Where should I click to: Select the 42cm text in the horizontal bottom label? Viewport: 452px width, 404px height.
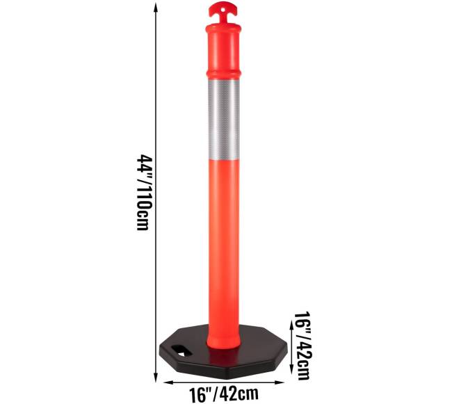236,393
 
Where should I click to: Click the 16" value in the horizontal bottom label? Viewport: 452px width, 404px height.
201,393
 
